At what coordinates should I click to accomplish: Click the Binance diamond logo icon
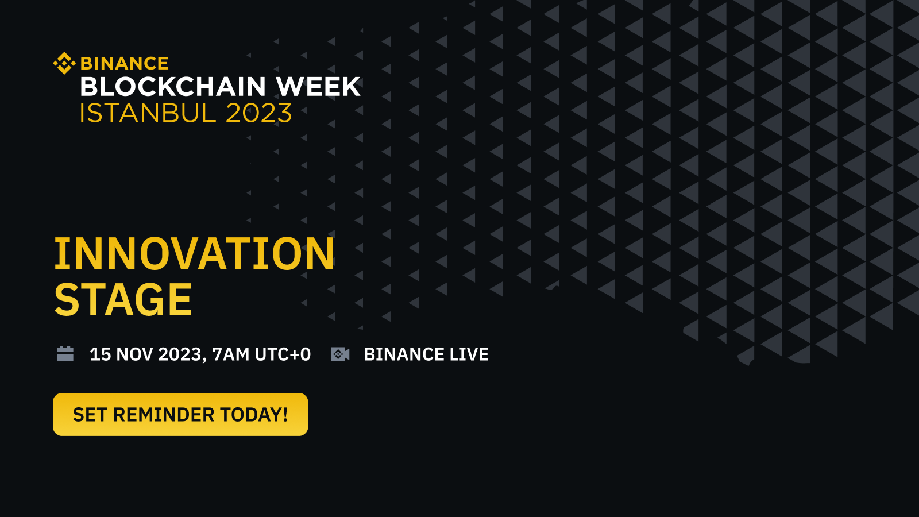click(64, 63)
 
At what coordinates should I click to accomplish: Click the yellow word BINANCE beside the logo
click(125, 63)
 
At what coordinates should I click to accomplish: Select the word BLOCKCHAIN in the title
click(173, 87)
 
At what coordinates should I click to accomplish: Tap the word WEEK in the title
click(318, 87)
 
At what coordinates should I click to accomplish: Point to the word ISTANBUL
click(148, 113)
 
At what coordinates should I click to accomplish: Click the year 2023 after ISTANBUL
click(259, 113)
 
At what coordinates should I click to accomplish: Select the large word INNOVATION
click(194, 254)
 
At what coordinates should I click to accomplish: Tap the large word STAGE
click(123, 300)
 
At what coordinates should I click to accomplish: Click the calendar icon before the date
click(65, 354)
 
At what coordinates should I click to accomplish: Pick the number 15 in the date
click(101, 354)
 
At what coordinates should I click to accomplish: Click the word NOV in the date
click(135, 354)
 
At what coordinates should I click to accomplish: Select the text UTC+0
click(283, 354)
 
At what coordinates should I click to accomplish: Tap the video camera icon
click(340, 354)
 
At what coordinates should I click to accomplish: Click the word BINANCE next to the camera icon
click(404, 354)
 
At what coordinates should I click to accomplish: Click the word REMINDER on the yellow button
click(164, 415)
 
